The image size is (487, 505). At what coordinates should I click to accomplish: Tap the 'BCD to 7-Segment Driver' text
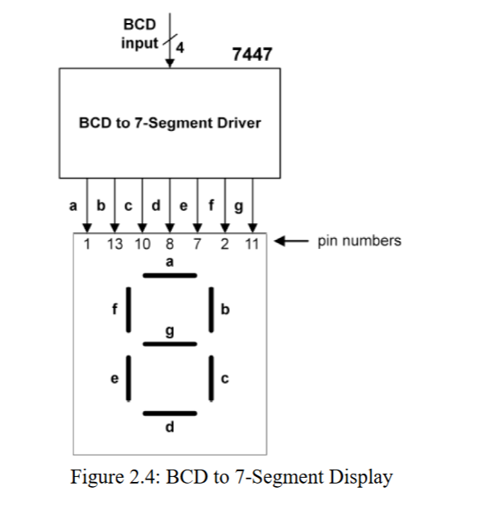(x=169, y=124)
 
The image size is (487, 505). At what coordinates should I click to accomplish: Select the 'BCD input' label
(x=139, y=35)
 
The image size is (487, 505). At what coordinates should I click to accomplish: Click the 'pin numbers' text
(x=359, y=241)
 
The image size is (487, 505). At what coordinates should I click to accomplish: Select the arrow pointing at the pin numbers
(x=289, y=241)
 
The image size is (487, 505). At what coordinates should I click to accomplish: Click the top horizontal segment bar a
(x=170, y=275)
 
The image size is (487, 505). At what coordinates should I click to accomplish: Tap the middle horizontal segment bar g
(x=170, y=344)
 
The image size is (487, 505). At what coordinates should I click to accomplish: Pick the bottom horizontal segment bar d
(x=170, y=413)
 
